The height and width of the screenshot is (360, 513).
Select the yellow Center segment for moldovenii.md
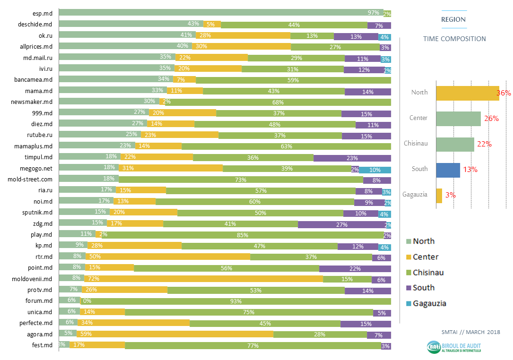click(203, 279)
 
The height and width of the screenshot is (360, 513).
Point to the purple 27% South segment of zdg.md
click(341, 223)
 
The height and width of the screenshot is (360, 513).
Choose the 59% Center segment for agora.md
click(175, 334)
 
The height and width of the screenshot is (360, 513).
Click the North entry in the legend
click(423, 241)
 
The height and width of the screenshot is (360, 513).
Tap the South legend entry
click(423, 288)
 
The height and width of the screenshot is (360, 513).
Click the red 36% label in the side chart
click(504, 93)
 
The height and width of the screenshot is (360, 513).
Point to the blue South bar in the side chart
click(448, 170)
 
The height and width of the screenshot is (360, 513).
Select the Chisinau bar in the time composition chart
click(455, 144)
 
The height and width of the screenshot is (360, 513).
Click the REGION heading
click(453, 19)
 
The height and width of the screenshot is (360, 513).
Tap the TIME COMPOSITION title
click(454, 39)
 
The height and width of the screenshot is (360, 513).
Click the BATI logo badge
click(434, 347)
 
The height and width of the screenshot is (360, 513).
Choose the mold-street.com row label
click(30, 179)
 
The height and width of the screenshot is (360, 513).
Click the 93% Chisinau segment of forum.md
click(235, 301)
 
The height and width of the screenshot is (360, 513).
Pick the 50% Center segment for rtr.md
click(168, 257)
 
